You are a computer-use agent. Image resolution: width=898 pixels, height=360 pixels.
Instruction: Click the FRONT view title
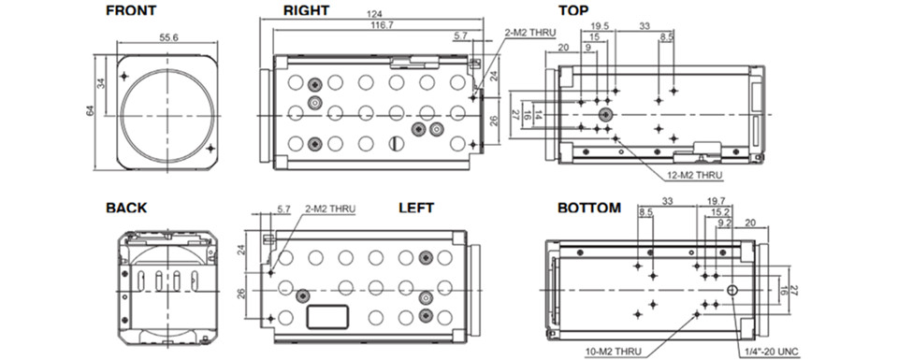pos(131,10)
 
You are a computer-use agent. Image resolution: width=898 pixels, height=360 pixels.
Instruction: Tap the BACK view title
pos(126,208)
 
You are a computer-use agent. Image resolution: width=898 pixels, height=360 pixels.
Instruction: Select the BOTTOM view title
pos(589,208)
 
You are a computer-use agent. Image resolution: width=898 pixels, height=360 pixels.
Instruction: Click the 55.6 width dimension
pos(168,36)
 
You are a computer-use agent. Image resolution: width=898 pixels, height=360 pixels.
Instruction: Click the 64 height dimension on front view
pos(91,110)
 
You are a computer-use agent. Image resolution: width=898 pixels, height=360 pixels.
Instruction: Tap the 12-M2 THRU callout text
pos(695,175)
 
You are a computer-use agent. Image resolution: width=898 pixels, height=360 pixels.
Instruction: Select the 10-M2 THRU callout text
pos(615,352)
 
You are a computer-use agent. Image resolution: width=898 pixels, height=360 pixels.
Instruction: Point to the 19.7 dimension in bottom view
pos(716,201)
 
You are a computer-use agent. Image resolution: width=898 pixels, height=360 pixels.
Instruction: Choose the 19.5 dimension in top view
pos(597,26)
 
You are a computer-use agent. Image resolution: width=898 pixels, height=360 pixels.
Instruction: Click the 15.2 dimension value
pos(720,212)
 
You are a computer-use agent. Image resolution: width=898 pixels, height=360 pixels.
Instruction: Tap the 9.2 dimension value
pos(724,223)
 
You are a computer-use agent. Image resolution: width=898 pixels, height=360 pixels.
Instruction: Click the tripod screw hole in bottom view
pos(731,291)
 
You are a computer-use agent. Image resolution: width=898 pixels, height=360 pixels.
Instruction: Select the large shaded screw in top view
pos(605,116)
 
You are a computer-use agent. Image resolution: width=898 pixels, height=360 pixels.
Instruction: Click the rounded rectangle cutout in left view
pos(327,317)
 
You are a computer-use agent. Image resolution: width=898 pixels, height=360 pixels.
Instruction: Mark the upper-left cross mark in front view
pos(124,76)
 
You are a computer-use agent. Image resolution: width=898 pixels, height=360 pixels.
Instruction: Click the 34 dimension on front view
pos(101,82)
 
